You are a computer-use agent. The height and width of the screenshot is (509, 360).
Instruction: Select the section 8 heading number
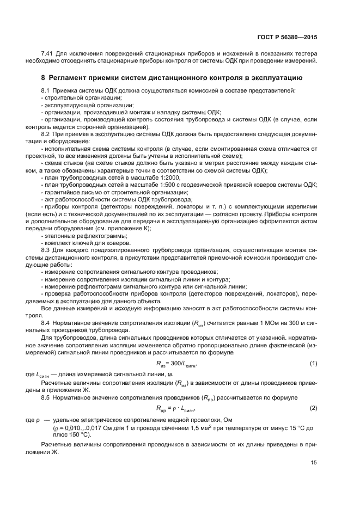click(x=44, y=77)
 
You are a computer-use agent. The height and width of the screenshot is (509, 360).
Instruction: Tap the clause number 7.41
click(x=48, y=54)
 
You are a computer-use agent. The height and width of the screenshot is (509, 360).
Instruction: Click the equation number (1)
click(x=313, y=363)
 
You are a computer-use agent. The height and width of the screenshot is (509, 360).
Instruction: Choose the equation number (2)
click(x=313, y=408)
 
